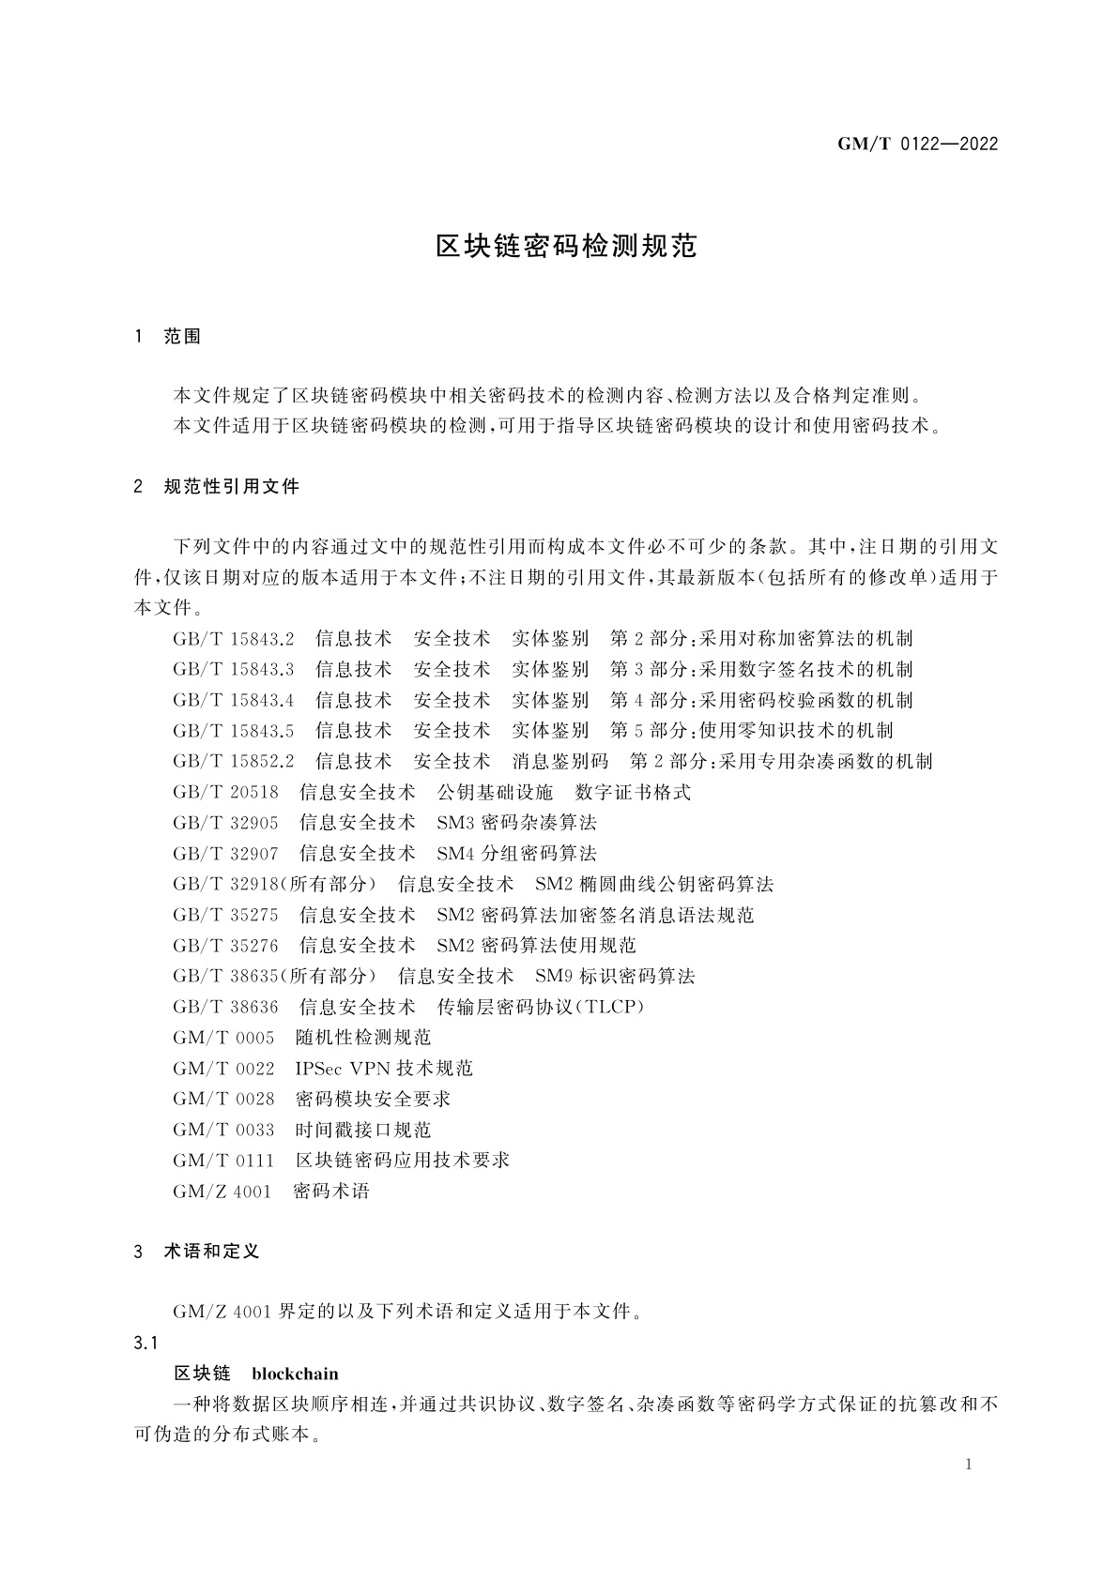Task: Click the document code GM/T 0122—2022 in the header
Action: [x=916, y=144]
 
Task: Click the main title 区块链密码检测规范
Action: [x=566, y=247]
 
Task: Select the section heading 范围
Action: [x=183, y=337]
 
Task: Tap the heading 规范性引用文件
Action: [x=231, y=487]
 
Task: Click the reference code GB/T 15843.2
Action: [x=233, y=639]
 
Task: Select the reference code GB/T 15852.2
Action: [x=233, y=761]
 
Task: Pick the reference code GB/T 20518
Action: [x=225, y=792]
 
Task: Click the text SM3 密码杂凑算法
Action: [x=516, y=823]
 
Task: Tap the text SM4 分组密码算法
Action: [x=516, y=854]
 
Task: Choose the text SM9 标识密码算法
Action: [x=615, y=976]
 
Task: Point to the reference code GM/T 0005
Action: [x=223, y=1038]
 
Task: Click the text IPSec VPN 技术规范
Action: [x=384, y=1069]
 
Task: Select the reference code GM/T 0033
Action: [x=223, y=1130]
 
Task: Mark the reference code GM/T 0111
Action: [x=223, y=1161]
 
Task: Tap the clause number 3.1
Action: [x=145, y=1344]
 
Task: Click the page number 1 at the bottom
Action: [x=969, y=1466]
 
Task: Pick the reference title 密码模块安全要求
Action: [x=373, y=1099]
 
